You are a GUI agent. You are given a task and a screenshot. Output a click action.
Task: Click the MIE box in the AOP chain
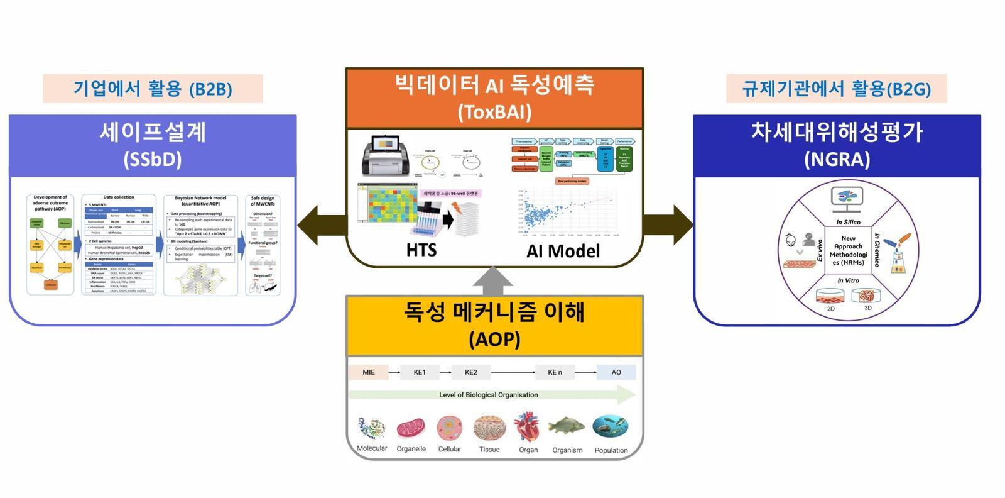pyautogui.click(x=369, y=372)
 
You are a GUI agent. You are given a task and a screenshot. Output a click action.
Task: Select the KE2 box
pyautogui.click(x=470, y=372)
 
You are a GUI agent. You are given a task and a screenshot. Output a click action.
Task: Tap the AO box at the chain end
pyautogui.click(x=616, y=372)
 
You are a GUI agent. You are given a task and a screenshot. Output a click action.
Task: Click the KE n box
pyautogui.click(x=555, y=372)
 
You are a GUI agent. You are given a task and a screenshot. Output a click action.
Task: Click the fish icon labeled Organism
pyautogui.click(x=567, y=427)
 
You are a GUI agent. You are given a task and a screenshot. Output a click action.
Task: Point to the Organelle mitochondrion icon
pyautogui.click(x=411, y=428)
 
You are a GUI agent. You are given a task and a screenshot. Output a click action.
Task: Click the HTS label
pyautogui.click(x=421, y=250)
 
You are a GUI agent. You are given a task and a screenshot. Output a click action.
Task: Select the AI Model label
pyautogui.click(x=563, y=251)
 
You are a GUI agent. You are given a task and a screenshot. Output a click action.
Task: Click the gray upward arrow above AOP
pyautogui.click(x=493, y=281)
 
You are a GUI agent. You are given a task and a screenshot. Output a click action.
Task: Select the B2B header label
pyautogui.click(x=153, y=89)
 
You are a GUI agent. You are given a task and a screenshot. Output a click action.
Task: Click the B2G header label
pyautogui.click(x=836, y=89)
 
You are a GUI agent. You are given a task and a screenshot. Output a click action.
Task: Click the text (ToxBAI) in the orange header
pyautogui.click(x=494, y=112)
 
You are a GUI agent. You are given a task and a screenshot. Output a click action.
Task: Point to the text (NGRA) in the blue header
pyautogui.click(x=837, y=159)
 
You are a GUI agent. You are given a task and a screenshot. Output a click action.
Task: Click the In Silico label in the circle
pyautogui.click(x=848, y=222)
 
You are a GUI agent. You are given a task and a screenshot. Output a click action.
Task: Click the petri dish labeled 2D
pyautogui.click(x=830, y=295)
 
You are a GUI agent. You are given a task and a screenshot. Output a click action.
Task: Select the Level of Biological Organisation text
pyautogui.click(x=488, y=395)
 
